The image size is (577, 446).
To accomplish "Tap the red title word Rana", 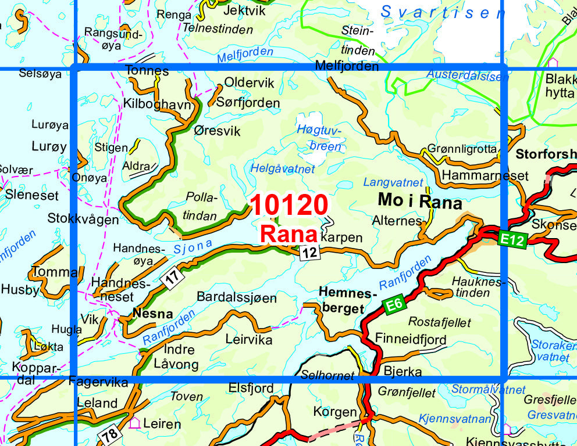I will (289, 234).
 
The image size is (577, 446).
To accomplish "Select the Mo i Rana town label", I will (419, 202).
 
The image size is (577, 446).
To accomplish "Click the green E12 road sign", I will (512, 238).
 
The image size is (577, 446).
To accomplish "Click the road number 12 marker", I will (311, 252).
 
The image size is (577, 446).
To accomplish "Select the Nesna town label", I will (153, 314).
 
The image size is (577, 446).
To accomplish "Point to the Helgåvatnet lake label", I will (282, 169).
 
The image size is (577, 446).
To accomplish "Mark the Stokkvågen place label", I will (83, 220).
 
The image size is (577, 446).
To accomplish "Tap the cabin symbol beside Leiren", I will (134, 423).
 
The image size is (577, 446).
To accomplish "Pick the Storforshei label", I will (546, 155).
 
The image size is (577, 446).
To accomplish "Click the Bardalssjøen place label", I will (237, 297).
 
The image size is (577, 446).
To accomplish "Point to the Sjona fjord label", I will (192, 247).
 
